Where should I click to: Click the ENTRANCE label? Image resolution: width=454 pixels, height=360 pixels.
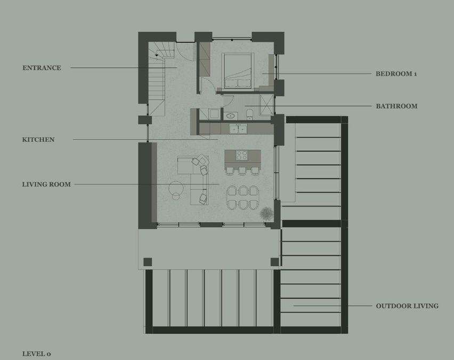(x=42, y=68)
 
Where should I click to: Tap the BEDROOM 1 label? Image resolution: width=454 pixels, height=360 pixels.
(x=396, y=74)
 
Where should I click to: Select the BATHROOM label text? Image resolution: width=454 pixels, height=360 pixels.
(x=396, y=106)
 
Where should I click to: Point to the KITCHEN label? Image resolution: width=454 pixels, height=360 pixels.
(x=38, y=139)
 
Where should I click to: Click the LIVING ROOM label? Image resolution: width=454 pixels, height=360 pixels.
(x=46, y=185)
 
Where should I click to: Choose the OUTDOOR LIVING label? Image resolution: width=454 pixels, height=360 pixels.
(x=407, y=306)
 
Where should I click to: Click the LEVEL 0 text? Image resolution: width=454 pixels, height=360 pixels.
(x=36, y=354)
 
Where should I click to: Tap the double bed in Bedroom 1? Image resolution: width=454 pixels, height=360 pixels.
(x=238, y=70)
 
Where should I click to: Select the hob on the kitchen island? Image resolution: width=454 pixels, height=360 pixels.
(x=241, y=155)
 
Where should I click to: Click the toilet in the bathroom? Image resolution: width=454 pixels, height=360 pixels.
(x=249, y=115)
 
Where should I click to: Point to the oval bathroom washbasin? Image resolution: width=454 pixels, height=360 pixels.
(x=231, y=116)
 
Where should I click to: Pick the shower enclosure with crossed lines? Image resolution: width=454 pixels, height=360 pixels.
(x=266, y=105)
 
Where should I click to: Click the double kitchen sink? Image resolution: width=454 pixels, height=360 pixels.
(x=238, y=129)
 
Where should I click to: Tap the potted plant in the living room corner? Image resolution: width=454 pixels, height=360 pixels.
(x=266, y=214)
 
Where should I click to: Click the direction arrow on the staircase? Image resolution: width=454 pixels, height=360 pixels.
(x=157, y=55)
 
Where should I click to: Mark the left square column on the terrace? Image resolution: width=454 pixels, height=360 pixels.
(x=148, y=262)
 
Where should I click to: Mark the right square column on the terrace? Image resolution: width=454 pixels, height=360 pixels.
(x=274, y=262)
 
